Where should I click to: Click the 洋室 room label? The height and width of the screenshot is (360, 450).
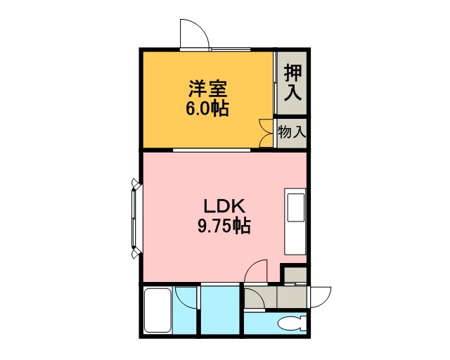click(x=208, y=89)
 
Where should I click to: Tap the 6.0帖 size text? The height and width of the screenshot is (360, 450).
click(x=207, y=108)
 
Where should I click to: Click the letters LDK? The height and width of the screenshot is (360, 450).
click(x=224, y=206)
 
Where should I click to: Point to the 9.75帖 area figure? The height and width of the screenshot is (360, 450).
click(x=224, y=226)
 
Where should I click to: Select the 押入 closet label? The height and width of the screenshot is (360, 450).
click(x=292, y=82)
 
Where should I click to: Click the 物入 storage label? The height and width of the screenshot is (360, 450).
click(x=292, y=132)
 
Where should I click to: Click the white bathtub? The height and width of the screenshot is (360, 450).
click(x=157, y=310)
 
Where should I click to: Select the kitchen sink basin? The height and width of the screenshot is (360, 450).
click(x=295, y=207)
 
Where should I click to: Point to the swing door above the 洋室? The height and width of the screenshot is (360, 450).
click(x=195, y=34)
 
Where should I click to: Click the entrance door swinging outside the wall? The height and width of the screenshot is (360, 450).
click(x=321, y=297)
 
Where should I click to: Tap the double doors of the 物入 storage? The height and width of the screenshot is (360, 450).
click(x=266, y=133)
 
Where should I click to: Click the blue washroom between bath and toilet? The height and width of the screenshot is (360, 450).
click(x=220, y=310)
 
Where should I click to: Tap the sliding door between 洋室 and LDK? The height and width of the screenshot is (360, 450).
click(x=212, y=150)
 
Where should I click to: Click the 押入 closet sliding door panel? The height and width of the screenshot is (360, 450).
click(x=276, y=83)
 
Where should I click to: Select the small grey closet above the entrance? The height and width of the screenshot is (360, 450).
click(x=295, y=275)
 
